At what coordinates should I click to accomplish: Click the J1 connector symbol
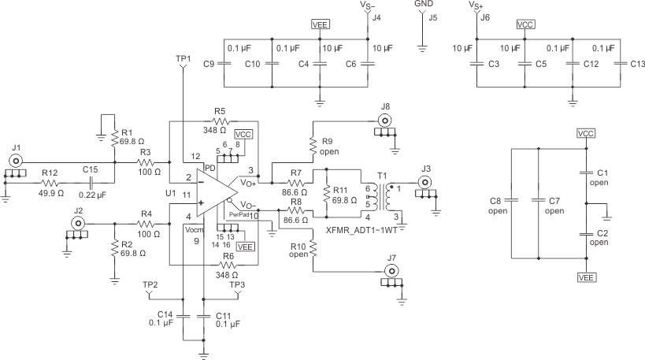pos(16,161)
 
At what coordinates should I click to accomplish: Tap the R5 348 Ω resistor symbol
pos(219,122)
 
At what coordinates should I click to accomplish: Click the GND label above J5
pos(423,5)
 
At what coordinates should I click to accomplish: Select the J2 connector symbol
pos(79,225)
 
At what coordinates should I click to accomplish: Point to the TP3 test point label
pos(238,284)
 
